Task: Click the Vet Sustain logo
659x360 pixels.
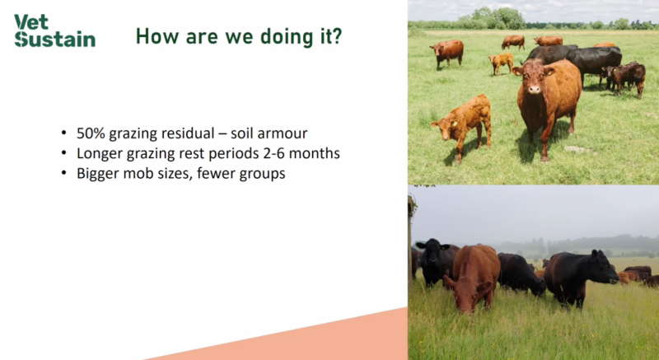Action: [x=54, y=30]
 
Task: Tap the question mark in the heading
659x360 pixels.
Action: [x=337, y=36]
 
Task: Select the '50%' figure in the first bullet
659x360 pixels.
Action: [x=91, y=133]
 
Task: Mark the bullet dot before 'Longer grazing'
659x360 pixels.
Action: [x=64, y=153]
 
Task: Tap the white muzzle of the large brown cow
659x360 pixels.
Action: [x=534, y=89]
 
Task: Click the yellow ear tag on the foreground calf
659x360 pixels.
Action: [x=455, y=124]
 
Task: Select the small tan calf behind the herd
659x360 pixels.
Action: [x=501, y=62]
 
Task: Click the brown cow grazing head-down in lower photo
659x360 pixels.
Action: [x=472, y=278]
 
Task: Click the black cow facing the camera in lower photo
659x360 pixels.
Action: [x=436, y=261]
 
